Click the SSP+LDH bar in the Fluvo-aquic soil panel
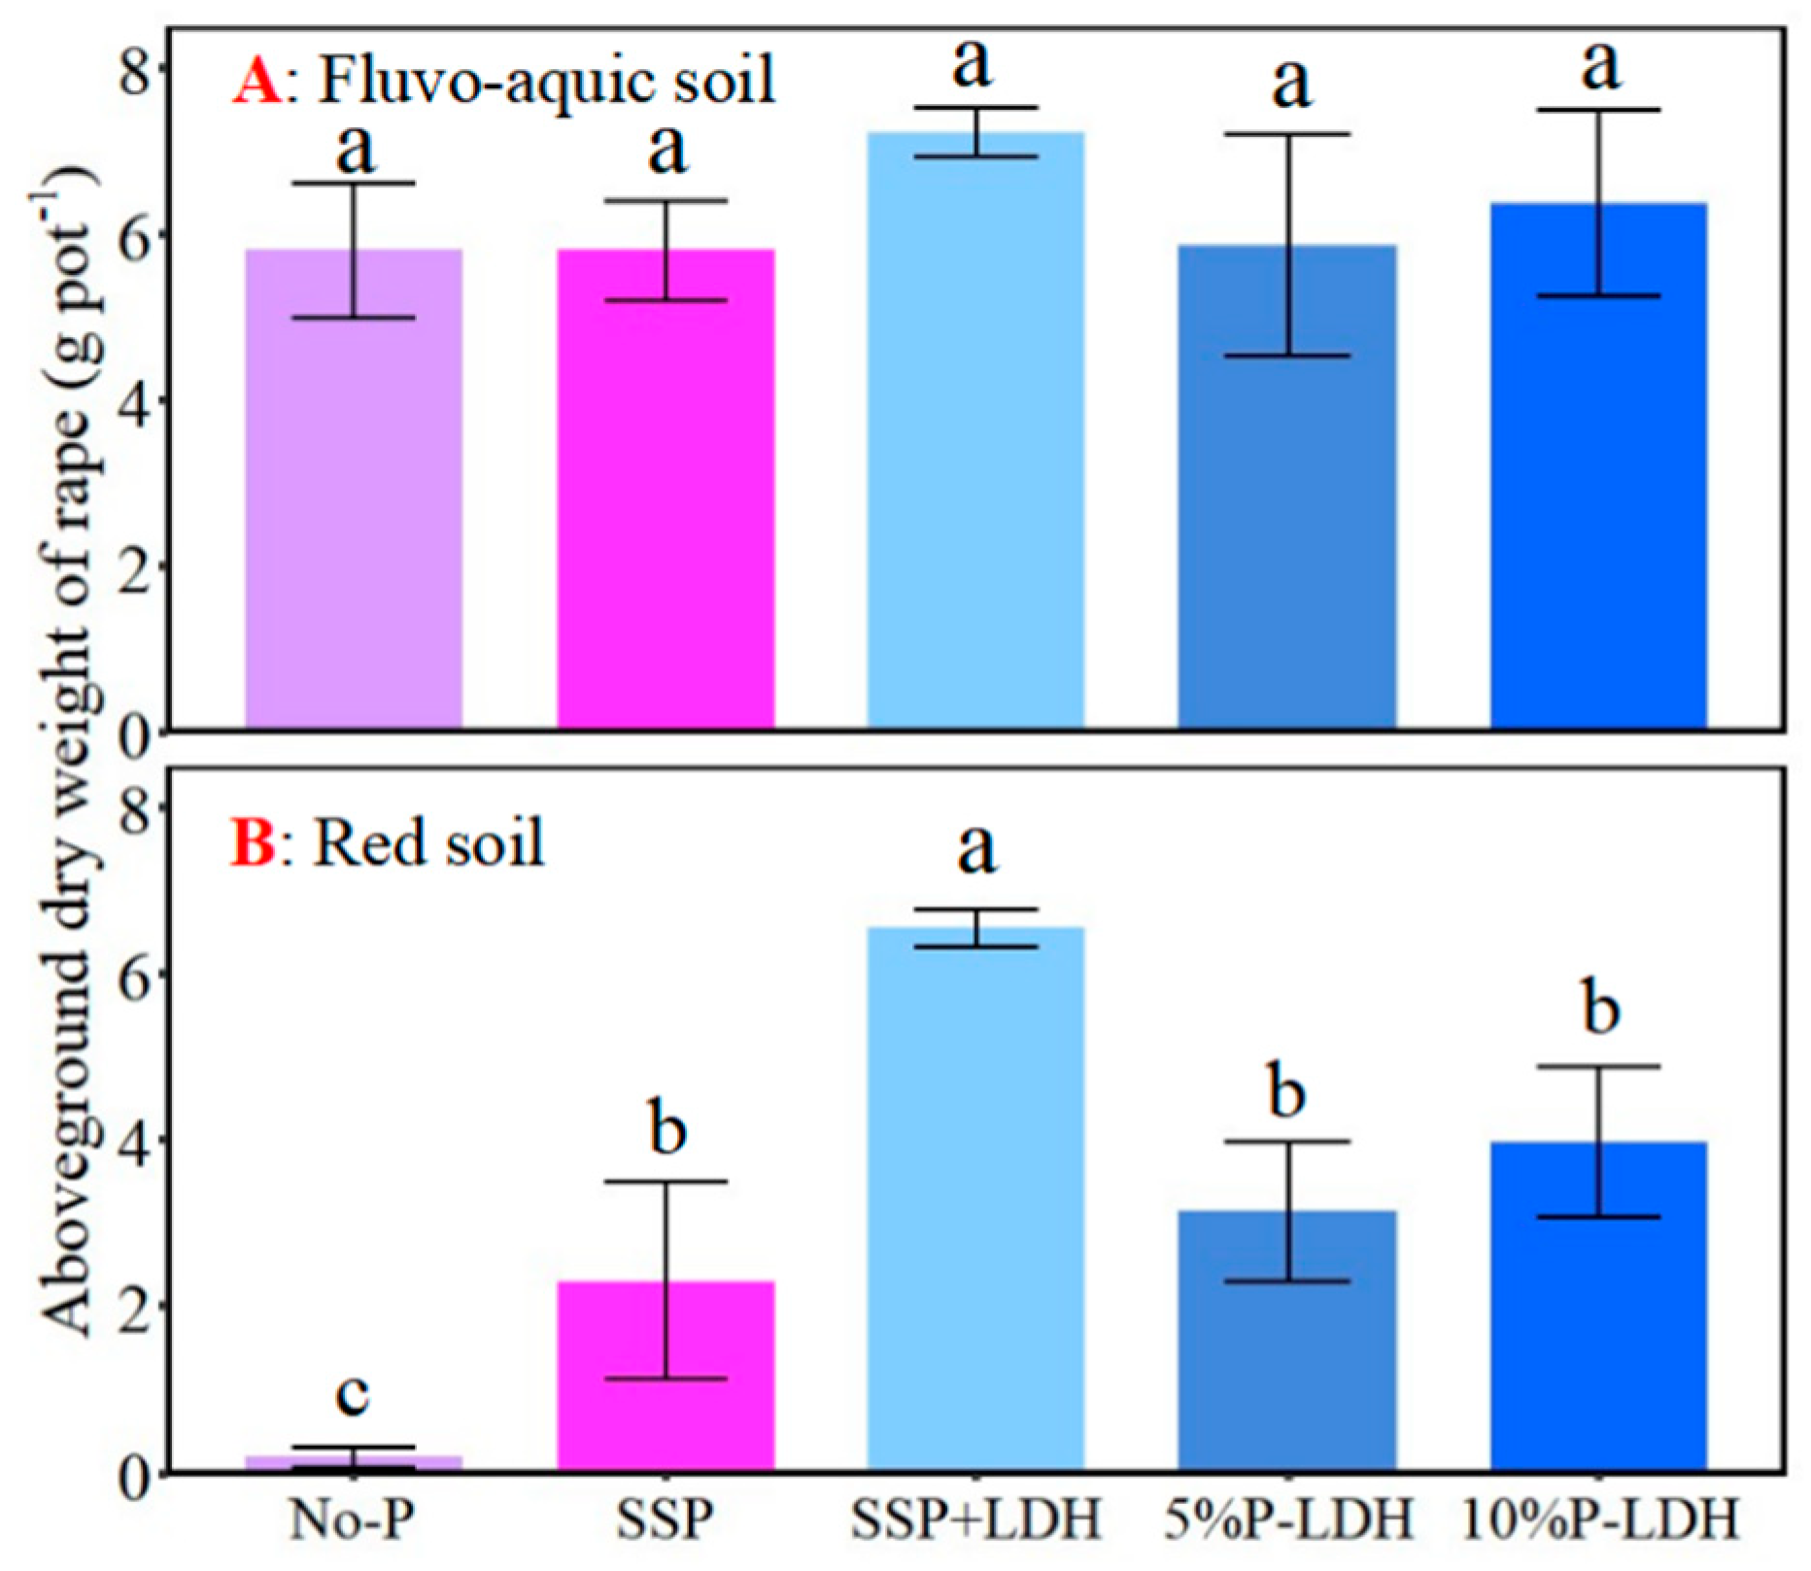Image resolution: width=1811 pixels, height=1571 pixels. click(x=975, y=437)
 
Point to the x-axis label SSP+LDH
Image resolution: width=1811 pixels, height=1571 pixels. click(x=975, y=1520)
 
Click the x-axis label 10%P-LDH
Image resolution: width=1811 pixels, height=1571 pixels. click(x=1599, y=1520)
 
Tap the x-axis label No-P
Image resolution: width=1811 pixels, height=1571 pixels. click(x=352, y=1520)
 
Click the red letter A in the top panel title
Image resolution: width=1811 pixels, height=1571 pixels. click(x=256, y=81)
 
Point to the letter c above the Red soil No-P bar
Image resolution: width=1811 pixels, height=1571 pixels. click(x=352, y=1394)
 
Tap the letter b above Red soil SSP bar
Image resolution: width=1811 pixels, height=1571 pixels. click(x=666, y=1129)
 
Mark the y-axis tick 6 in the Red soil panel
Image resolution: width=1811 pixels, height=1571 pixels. click(x=136, y=974)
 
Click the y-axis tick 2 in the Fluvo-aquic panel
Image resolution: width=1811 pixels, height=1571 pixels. click(x=136, y=566)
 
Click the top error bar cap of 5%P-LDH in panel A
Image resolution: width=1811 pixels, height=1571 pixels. click(x=1290, y=134)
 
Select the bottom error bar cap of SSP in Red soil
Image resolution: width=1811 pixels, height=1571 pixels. click(x=666, y=1380)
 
